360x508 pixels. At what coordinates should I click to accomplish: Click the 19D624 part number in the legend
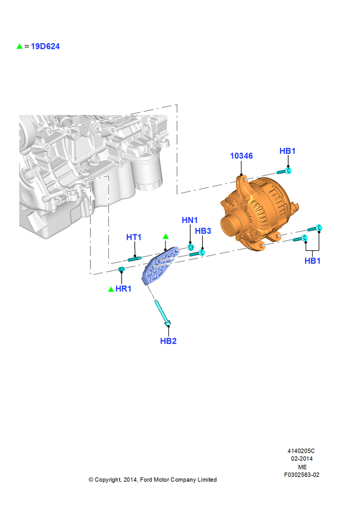45,46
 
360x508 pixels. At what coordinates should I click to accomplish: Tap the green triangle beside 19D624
19,46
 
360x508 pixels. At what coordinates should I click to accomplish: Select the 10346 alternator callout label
242,156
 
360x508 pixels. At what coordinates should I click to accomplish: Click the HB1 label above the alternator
287,151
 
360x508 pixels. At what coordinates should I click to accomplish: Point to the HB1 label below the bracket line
312,261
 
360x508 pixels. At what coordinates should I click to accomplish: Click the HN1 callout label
190,220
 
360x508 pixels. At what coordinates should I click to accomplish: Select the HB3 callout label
203,231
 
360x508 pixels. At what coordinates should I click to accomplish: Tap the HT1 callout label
134,237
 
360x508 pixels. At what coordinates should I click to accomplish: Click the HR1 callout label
123,289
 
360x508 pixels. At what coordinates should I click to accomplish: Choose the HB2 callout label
168,341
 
